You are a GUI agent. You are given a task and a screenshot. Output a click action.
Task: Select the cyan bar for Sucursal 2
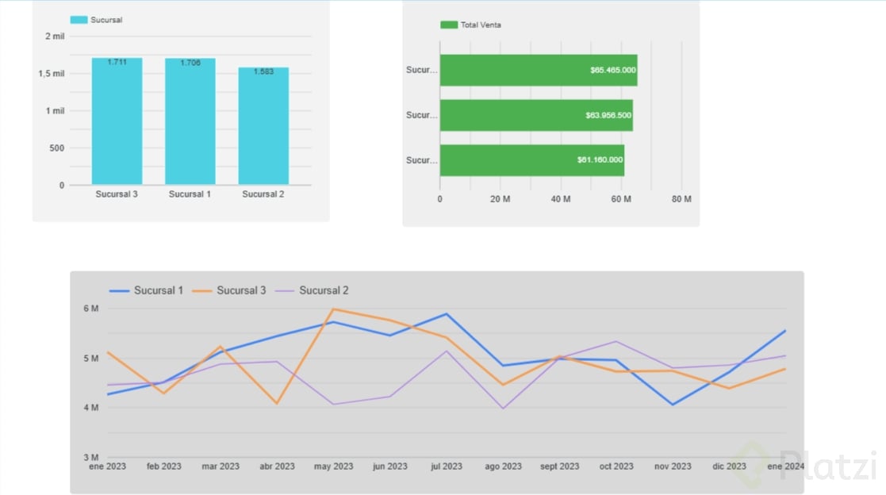[x=263, y=126]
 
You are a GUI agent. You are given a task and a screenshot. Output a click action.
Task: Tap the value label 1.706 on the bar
[x=190, y=63]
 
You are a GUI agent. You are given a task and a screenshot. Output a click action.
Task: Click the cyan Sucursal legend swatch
[x=79, y=20]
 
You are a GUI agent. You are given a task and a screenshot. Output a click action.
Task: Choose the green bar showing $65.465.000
[x=538, y=70]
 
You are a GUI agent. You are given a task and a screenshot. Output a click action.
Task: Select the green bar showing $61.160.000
[x=531, y=160]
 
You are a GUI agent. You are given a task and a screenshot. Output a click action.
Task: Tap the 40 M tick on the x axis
[x=561, y=199]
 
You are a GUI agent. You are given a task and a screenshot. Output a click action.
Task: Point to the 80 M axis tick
[x=681, y=199]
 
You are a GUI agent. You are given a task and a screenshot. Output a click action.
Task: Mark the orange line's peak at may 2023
[x=334, y=309]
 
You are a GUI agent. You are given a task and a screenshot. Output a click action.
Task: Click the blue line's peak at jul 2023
[x=447, y=314]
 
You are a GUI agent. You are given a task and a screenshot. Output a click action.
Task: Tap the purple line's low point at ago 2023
[x=503, y=409]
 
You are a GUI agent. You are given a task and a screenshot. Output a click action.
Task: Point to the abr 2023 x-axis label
[x=277, y=466]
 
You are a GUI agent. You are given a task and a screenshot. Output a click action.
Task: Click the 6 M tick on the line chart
[x=90, y=309]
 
